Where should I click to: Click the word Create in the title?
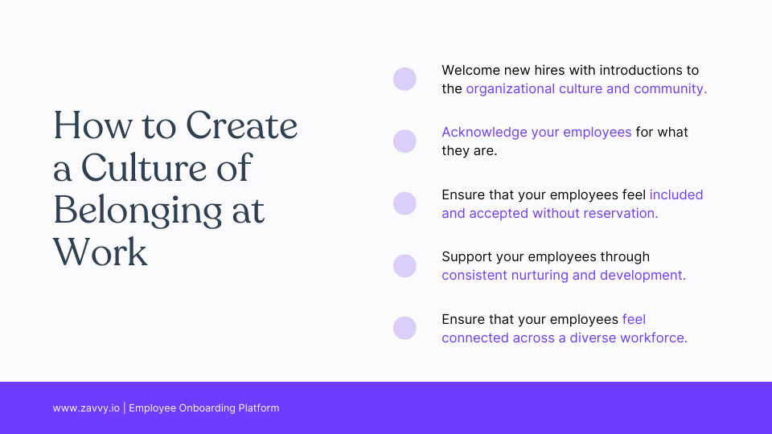point(242,127)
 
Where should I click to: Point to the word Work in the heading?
point(101,252)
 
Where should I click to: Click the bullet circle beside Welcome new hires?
point(404,79)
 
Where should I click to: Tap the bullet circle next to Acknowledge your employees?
point(404,141)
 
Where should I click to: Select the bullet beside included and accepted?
point(404,203)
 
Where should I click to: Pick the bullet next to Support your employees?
point(404,266)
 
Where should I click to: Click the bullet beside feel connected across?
point(404,328)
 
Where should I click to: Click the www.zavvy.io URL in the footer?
point(86,408)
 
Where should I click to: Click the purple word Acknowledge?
point(484,132)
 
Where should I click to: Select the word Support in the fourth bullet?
point(466,257)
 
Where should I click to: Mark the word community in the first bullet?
point(669,88)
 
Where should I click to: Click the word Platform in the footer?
point(259,408)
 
